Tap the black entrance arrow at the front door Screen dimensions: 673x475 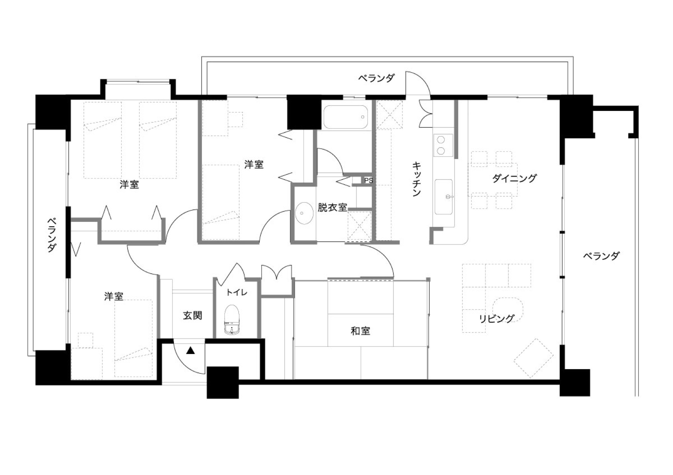click(x=190, y=351)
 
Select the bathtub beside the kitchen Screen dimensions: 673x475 click(x=345, y=117)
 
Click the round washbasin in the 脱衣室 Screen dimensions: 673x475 click(x=304, y=213)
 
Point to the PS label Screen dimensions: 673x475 click(x=368, y=181)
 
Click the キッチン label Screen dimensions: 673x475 click(x=417, y=179)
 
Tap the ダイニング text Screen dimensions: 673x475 click(x=515, y=178)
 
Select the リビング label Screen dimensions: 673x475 click(x=497, y=318)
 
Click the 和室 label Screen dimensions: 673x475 click(x=360, y=331)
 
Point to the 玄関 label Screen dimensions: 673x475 click(x=192, y=315)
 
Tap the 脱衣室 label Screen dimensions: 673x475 click(x=332, y=207)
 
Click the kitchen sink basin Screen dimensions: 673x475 click(x=444, y=197)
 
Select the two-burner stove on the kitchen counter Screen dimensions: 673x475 click(x=443, y=145)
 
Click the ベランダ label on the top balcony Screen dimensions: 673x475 click(x=376, y=78)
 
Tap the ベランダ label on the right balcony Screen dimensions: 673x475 click(x=601, y=256)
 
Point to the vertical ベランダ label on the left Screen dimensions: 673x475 click(x=51, y=235)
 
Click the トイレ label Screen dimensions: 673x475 click(x=237, y=292)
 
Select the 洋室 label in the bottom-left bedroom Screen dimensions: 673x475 click(x=114, y=296)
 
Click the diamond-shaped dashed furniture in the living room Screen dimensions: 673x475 click(x=533, y=358)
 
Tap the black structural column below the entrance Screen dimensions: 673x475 click(x=223, y=383)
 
